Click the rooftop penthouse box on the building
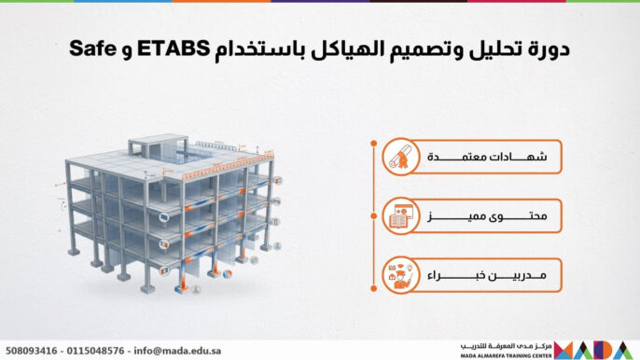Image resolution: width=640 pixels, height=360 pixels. click(x=150, y=147)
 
